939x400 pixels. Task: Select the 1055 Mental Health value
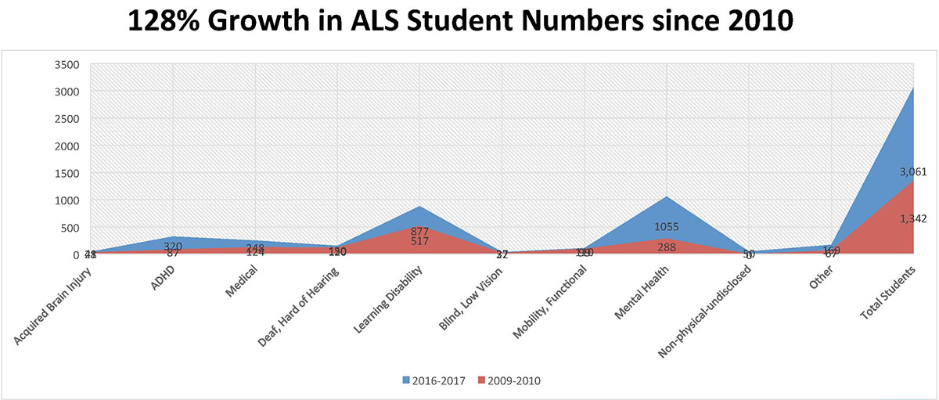point(667,228)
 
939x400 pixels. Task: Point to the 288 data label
point(667,247)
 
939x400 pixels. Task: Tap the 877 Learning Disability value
point(419,232)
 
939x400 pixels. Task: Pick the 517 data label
point(419,242)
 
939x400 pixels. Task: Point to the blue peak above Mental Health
point(667,196)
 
